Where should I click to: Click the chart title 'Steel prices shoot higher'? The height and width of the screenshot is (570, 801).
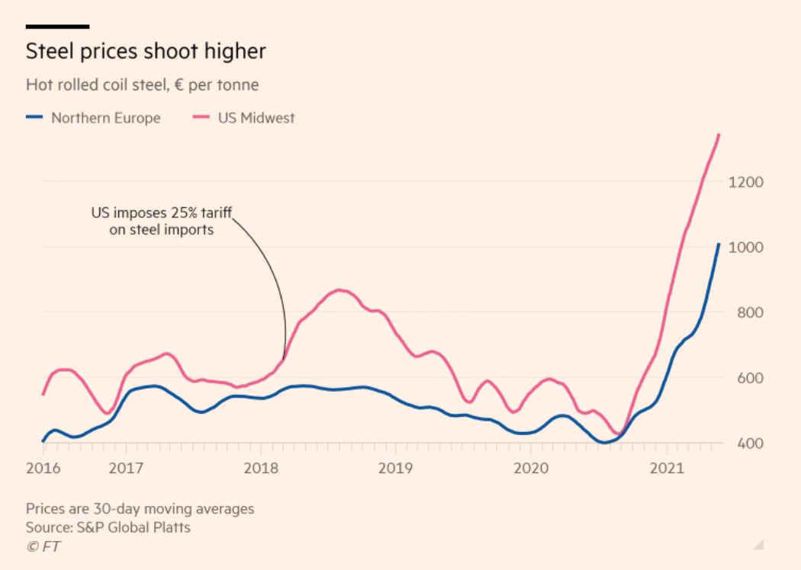click(146, 52)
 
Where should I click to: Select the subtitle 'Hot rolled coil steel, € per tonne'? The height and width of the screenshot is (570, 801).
click(142, 85)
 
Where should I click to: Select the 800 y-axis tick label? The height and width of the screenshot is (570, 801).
click(749, 312)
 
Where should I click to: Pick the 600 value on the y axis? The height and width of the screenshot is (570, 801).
click(749, 378)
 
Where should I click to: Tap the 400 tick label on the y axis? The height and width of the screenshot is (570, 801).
click(749, 444)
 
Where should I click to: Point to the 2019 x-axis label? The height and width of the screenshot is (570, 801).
click(395, 466)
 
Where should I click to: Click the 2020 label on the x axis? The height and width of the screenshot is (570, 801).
click(531, 466)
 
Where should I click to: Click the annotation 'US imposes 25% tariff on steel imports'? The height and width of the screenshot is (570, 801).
click(160, 220)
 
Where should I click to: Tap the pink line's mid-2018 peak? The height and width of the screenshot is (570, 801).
click(340, 290)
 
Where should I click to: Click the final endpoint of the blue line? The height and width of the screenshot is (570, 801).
click(719, 245)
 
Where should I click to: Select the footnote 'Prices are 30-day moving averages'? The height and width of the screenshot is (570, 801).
click(140, 508)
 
